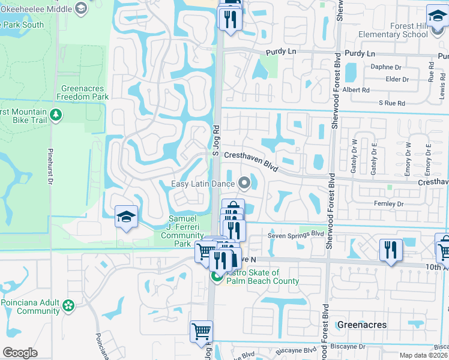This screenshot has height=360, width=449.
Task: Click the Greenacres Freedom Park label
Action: click(x=83, y=92)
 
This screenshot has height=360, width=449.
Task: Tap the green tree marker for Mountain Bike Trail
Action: click(x=56, y=114)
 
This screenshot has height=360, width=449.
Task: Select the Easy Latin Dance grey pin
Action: click(x=244, y=183)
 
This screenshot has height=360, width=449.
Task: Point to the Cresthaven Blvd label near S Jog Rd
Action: click(x=251, y=159)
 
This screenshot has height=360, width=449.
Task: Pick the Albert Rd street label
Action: click(x=355, y=90)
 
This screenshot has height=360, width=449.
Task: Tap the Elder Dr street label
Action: click(x=397, y=79)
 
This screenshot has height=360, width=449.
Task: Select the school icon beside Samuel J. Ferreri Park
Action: click(x=127, y=217)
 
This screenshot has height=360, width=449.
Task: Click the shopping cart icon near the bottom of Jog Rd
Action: click(x=201, y=331)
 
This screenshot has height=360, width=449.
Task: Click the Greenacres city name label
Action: click(x=361, y=325)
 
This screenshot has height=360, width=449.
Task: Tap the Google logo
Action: click(x=20, y=352)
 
